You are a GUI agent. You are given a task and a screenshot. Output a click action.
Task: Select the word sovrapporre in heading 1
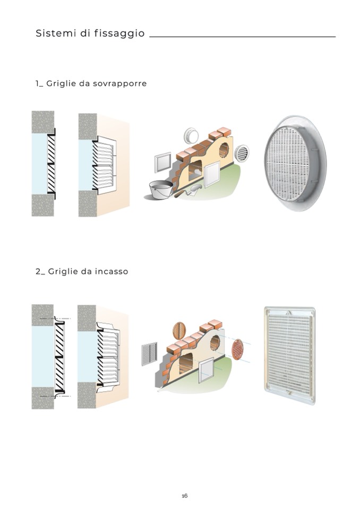pos(120,83)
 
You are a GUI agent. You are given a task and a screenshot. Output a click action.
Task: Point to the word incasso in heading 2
pos(112,271)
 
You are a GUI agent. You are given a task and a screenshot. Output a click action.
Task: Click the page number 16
pos(185,496)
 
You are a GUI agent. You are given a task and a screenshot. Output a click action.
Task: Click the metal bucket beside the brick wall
pos(161,189)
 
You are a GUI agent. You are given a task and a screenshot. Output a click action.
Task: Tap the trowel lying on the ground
pos(188,191)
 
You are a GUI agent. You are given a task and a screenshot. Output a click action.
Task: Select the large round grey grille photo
pos(295,163)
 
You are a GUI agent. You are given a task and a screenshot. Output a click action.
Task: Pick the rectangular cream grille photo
pos(290,355)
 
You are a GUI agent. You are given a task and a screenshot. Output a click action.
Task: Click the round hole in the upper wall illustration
pos(224,150)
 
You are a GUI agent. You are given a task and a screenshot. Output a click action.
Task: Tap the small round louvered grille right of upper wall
pos(242,153)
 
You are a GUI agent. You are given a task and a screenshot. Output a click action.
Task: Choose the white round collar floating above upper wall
pos(191,135)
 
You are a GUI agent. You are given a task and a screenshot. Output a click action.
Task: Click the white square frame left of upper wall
pos(162,163)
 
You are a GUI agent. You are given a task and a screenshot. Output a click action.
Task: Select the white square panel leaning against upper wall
pos(212,174)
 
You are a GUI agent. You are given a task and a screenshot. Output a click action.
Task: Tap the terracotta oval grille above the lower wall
pos(179,331)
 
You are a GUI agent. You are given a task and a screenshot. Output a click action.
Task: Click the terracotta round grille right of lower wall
pos(238,350)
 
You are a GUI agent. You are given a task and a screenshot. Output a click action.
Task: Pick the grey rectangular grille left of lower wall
pos(150,354)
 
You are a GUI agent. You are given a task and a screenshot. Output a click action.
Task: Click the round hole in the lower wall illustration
pos(215,343)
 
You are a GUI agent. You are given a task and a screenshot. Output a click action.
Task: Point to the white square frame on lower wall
pos(206,370)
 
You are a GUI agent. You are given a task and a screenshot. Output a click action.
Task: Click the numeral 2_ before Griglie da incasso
pos(40,272)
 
